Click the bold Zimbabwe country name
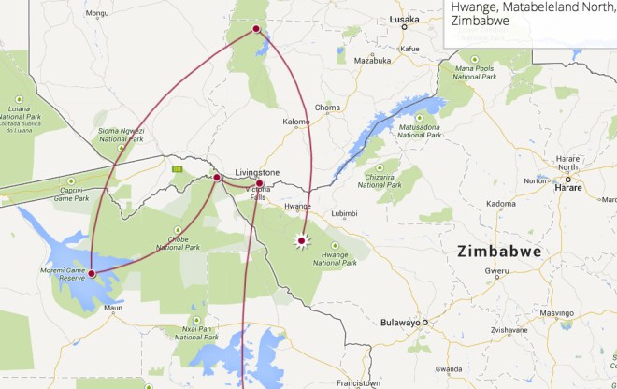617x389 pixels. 499,252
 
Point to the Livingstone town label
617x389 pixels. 257,173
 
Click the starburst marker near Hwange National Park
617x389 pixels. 301,241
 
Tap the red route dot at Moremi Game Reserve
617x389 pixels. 92,273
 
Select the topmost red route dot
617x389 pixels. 256,30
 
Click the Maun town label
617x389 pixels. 113,307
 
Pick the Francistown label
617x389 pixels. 359,382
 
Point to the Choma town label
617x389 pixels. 327,108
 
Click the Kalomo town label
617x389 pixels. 296,122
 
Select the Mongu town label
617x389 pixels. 96,13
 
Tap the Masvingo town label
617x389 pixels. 556,313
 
